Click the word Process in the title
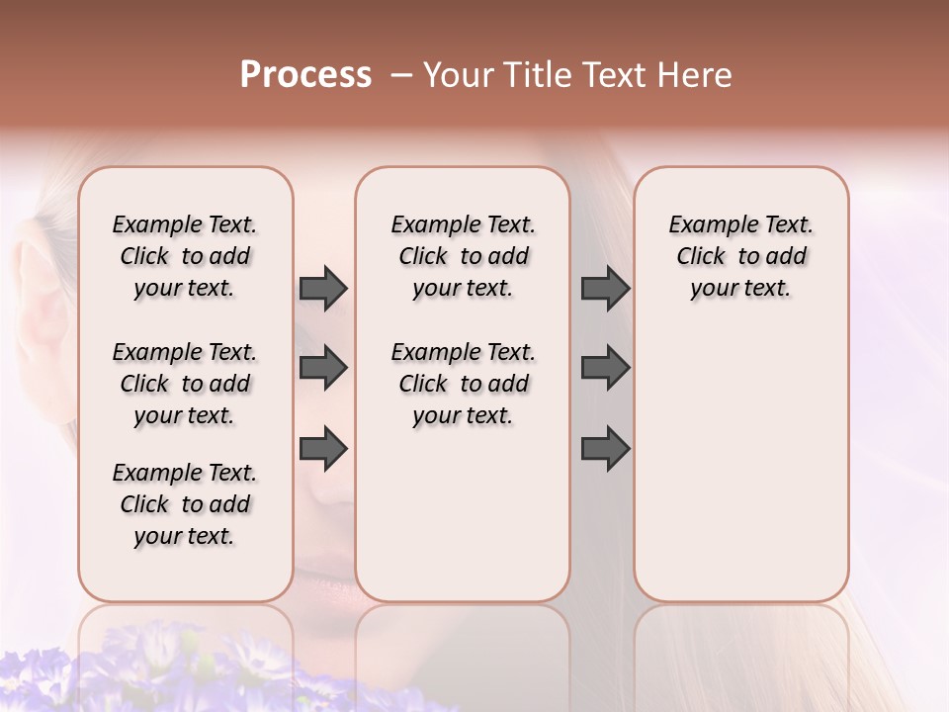point(305,75)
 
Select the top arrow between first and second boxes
point(323,288)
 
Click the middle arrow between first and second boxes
point(323,368)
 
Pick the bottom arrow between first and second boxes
point(323,448)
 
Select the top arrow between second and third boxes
point(605,288)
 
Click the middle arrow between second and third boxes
point(605,368)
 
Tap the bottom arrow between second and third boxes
point(605,448)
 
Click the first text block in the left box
point(185,256)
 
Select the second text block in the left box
point(185,384)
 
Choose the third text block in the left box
point(185,504)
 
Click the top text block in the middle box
point(463,256)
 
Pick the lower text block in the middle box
point(463,384)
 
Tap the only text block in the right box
point(740,256)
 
